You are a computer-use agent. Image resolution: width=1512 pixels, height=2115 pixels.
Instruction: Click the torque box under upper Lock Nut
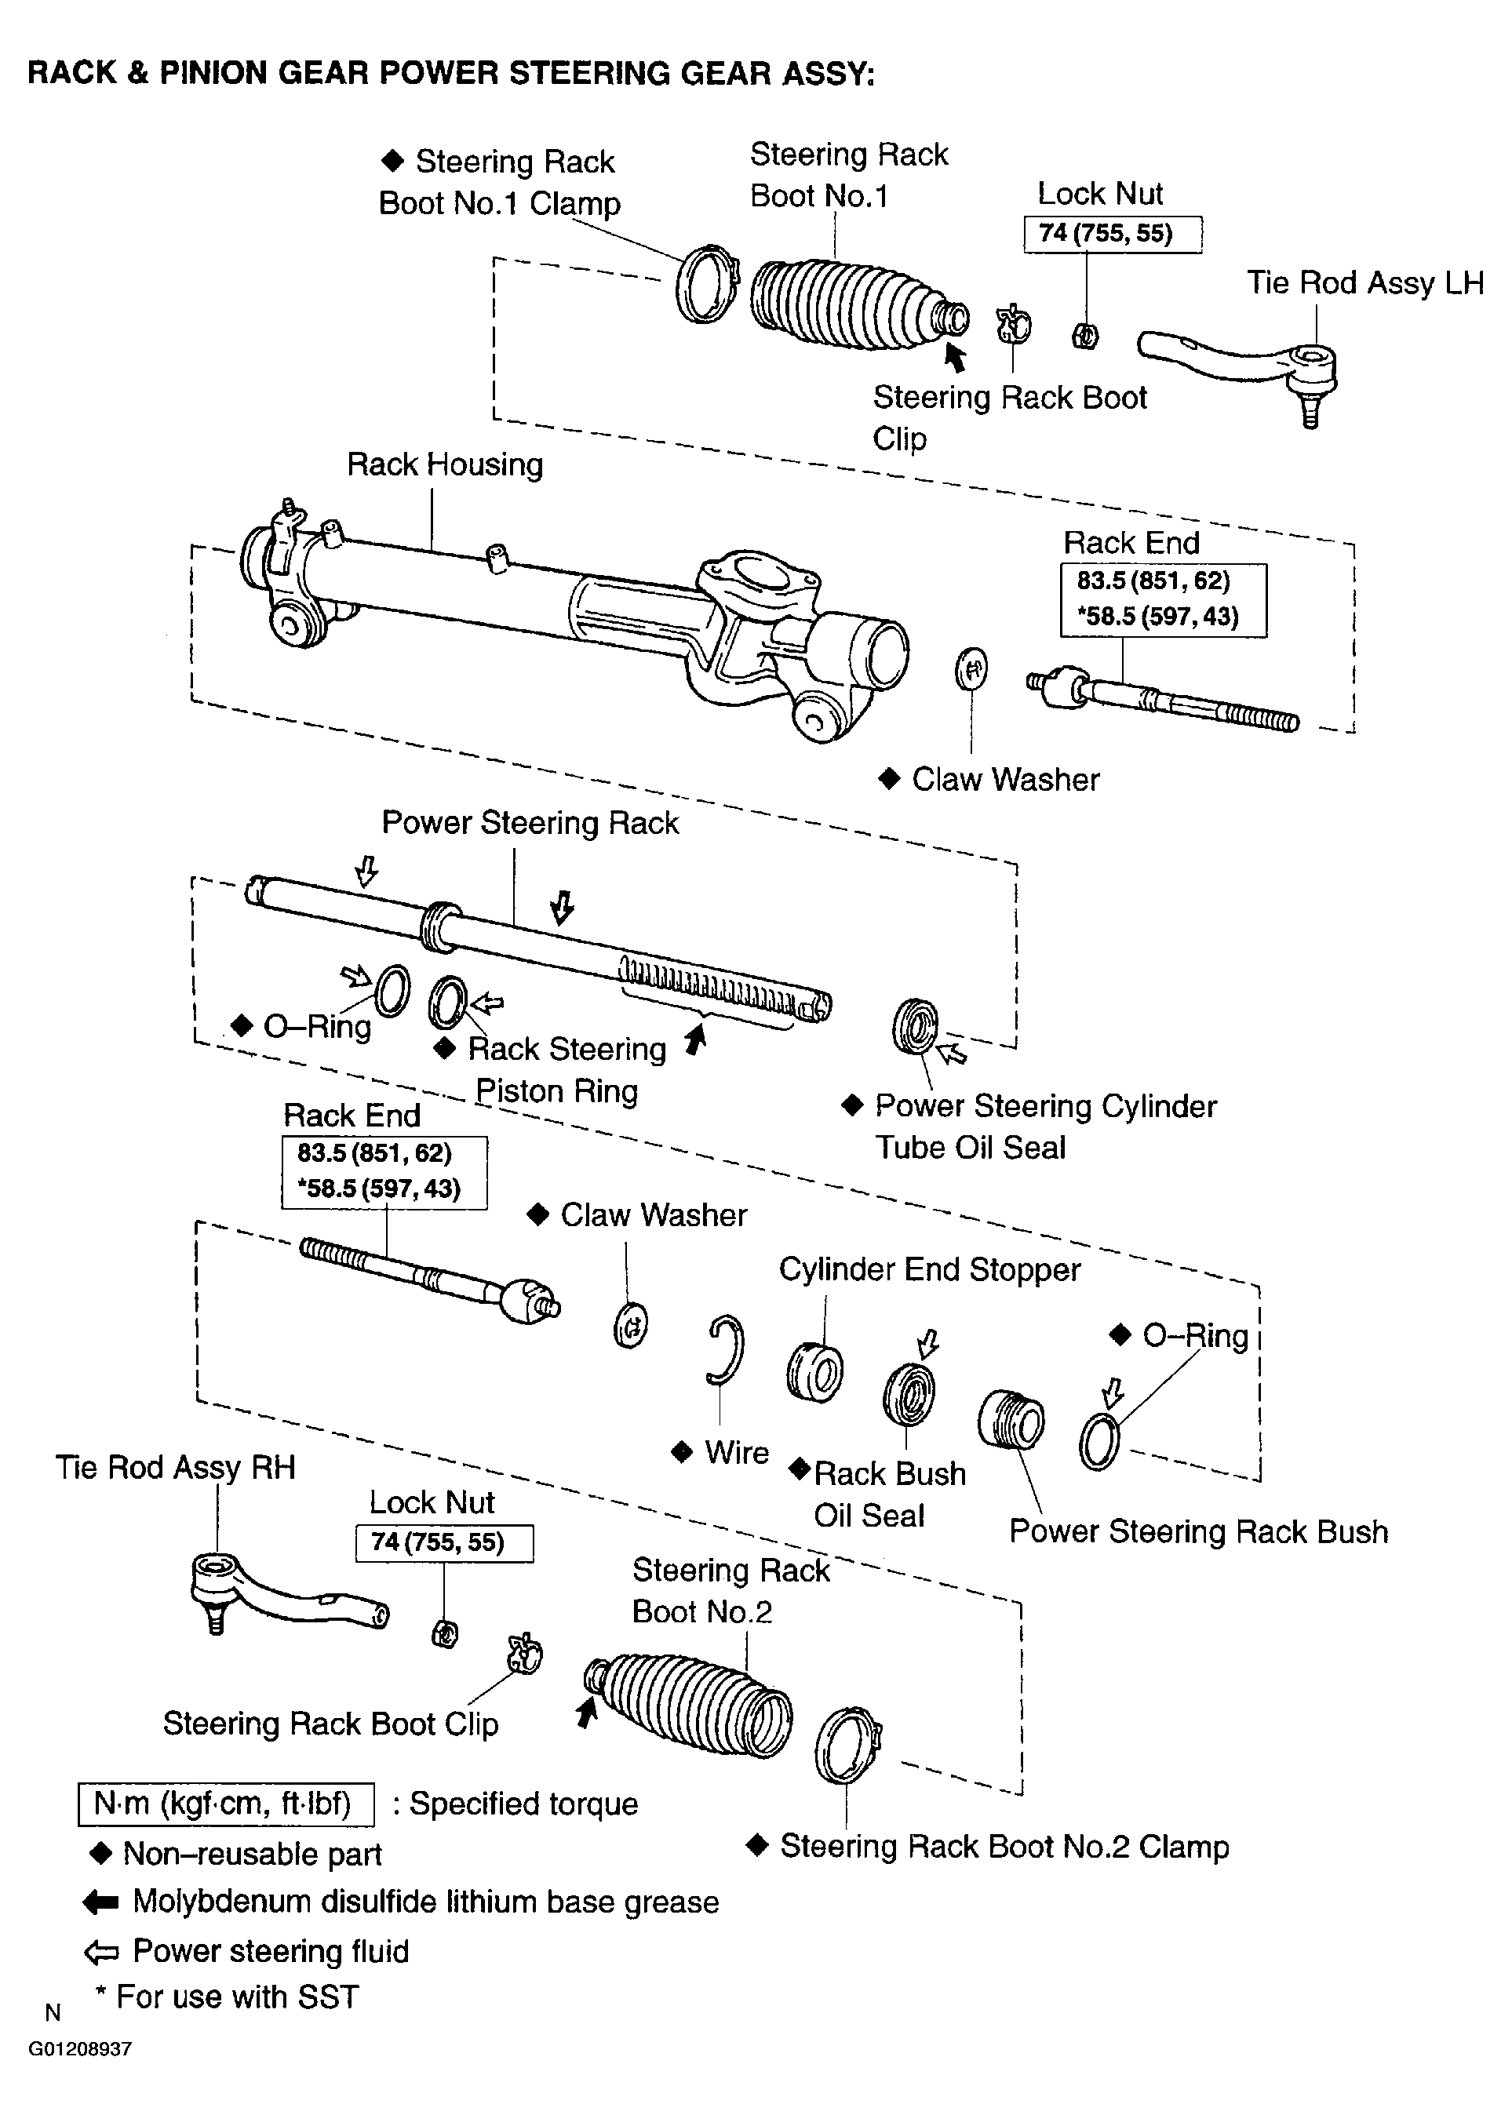1112,234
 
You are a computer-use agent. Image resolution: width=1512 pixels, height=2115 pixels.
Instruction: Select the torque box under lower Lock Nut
444,1542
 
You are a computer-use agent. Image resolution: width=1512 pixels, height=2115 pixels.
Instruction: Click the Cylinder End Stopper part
814,1372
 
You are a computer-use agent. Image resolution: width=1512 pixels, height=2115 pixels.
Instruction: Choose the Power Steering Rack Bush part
1011,1420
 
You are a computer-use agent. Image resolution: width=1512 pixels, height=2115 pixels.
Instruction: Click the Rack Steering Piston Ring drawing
448,1002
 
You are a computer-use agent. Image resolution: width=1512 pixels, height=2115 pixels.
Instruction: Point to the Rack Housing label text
444,464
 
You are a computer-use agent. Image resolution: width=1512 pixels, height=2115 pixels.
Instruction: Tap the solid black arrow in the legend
100,1902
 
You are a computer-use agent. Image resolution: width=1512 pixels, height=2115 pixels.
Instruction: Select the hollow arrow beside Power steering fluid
100,1951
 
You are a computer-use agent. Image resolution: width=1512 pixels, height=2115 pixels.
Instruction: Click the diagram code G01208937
80,2048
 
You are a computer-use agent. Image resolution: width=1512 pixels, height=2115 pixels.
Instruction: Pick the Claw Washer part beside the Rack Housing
971,669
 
